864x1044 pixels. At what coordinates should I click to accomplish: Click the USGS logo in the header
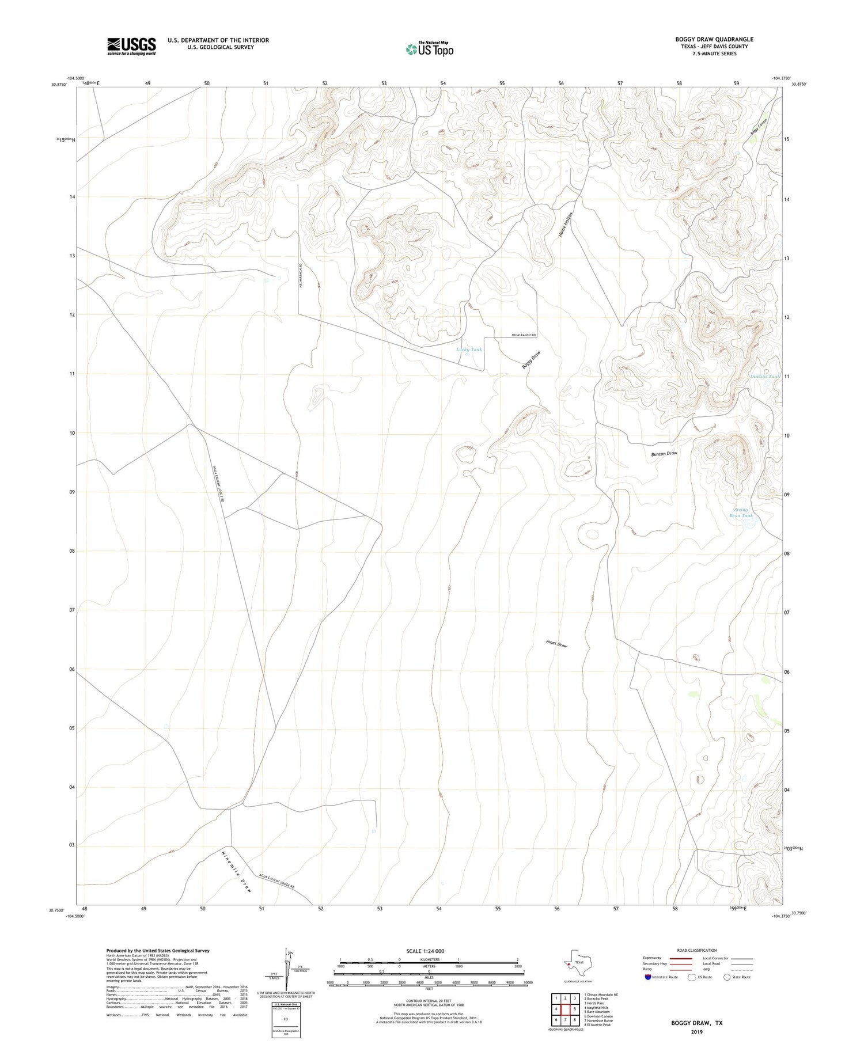coord(131,46)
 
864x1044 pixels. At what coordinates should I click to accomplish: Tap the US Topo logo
coord(429,50)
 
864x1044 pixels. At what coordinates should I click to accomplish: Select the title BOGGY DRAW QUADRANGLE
coord(714,39)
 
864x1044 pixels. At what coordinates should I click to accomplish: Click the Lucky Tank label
coord(469,350)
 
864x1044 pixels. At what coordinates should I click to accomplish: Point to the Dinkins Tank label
coord(765,377)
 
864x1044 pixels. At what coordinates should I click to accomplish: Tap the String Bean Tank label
coord(741,512)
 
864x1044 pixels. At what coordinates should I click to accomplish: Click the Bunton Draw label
coord(664,454)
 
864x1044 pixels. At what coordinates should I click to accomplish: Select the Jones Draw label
coord(556,644)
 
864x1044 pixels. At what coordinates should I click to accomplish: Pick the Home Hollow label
coord(566,226)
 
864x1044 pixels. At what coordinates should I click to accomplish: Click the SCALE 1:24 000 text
coord(426,951)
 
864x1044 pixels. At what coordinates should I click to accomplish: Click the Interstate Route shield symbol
coord(648,977)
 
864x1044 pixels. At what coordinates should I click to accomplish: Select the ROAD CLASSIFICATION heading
coord(697,950)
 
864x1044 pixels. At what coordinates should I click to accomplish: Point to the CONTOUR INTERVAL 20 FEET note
coord(429,1001)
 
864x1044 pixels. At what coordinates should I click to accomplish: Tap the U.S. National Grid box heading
coord(286,1004)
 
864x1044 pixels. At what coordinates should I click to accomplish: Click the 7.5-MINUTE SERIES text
coord(714,54)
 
